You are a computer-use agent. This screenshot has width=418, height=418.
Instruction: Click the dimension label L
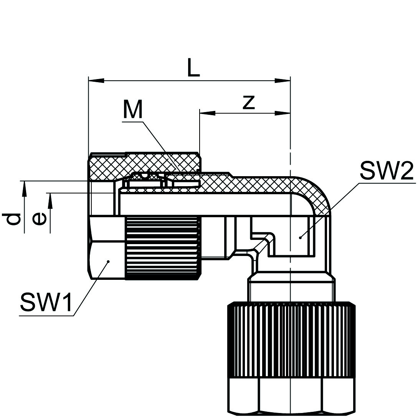(x=193, y=68)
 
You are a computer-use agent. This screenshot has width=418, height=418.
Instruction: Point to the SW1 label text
(x=46, y=302)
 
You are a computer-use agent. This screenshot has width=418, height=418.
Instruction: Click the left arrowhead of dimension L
(x=96, y=81)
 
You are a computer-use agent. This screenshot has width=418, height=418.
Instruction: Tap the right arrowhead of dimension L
(x=283, y=81)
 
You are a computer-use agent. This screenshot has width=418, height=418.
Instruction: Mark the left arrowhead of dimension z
(x=207, y=113)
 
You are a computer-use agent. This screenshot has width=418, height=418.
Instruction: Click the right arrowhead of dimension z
(x=283, y=113)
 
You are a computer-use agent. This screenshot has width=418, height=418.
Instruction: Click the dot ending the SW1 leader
(x=109, y=261)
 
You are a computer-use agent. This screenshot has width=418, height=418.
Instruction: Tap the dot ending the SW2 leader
(x=300, y=238)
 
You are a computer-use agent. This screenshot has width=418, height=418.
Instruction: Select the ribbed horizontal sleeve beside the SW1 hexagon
(x=163, y=248)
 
